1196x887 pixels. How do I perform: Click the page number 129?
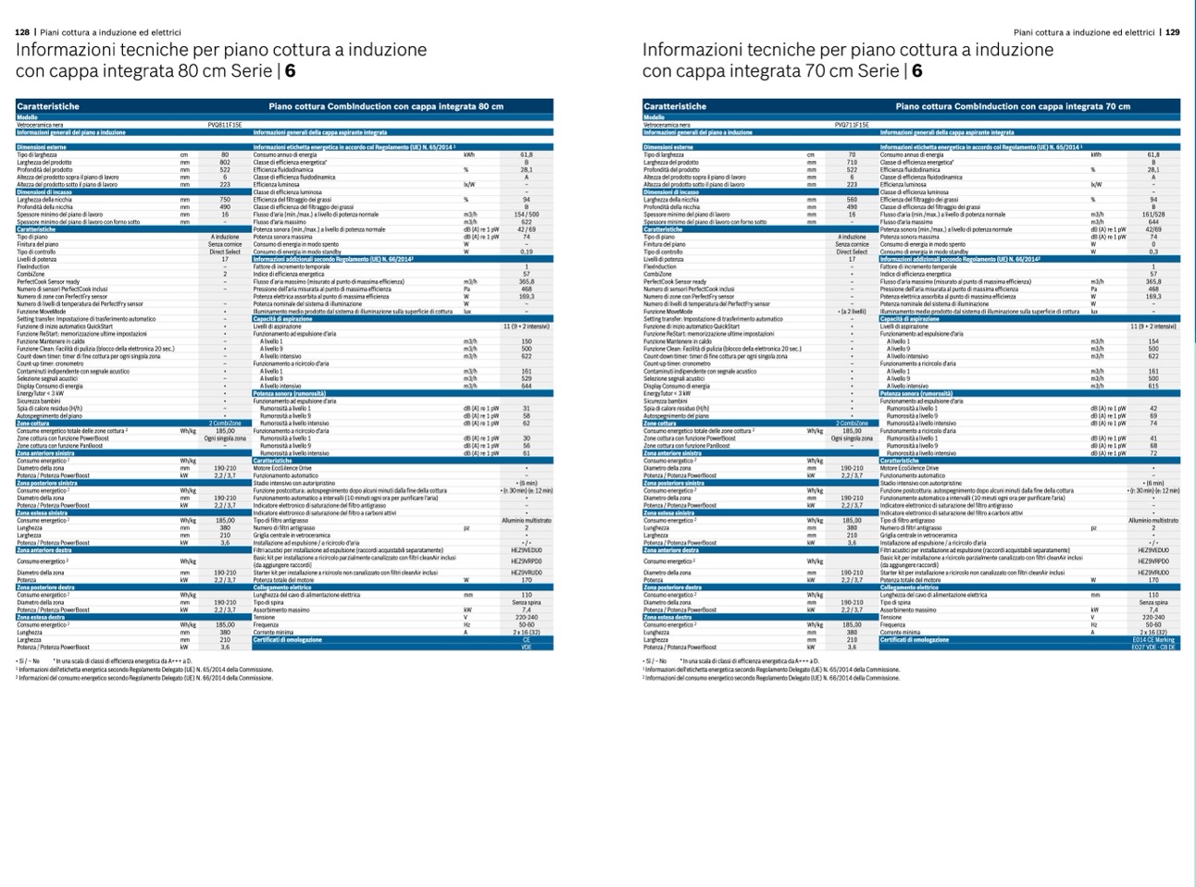click(x=1172, y=32)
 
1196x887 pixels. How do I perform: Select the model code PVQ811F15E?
click(x=224, y=125)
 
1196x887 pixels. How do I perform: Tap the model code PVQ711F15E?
click(x=852, y=125)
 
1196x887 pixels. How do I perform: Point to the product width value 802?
click(x=225, y=163)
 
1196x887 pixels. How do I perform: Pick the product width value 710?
click(x=852, y=163)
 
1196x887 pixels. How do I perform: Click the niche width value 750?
click(x=225, y=200)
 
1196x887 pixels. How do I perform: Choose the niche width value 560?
click(x=852, y=200)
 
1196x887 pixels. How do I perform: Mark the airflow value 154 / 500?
click(x=527, y=215)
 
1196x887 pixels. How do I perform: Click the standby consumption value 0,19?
click(x=527, y=252)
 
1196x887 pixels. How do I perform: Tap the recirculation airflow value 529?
click(x=527, y=378)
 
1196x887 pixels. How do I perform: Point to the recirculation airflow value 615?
click(x=1153, y=386)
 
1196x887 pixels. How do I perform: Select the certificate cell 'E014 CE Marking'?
click(x=1153, y=639)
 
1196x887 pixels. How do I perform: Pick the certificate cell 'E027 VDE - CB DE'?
click(x=1153, y=647)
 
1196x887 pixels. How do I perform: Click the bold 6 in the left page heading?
click(x=291, y=71)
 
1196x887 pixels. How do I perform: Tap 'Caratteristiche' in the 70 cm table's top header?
click(x=675, y=106)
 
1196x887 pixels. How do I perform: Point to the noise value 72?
click(x=1153, y=453)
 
